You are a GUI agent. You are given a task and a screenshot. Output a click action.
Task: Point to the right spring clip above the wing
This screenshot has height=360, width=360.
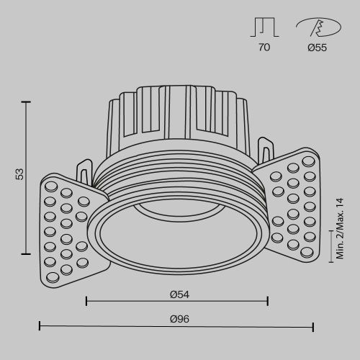265,151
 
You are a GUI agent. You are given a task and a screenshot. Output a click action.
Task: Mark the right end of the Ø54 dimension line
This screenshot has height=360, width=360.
268,301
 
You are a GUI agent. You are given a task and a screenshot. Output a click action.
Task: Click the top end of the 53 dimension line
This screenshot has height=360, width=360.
28,102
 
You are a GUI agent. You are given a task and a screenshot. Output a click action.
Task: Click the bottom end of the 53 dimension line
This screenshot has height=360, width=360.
28,253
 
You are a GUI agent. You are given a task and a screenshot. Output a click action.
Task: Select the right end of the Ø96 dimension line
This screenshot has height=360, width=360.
313,327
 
